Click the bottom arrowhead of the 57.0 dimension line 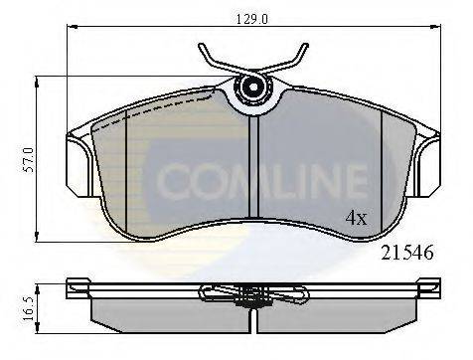[x=40, y=240]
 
